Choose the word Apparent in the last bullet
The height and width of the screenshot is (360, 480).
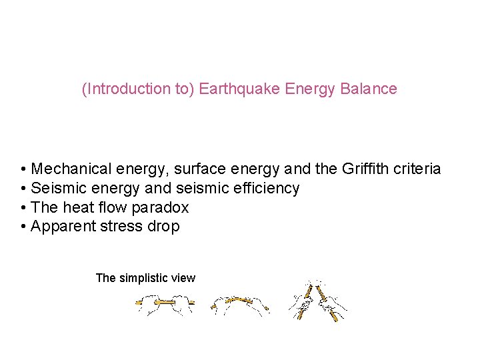[x=62, y=227]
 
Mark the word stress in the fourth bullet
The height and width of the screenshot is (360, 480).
[x=122, y=227]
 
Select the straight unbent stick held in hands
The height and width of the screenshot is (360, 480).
[x=165, y=303]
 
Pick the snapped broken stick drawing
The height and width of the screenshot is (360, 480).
[x=319, y=301]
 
